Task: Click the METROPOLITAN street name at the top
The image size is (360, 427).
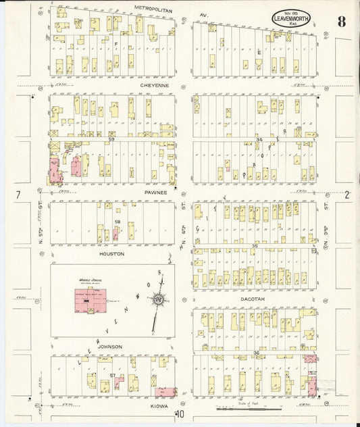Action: coord(154,8)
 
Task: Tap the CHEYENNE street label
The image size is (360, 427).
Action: coord(154,86)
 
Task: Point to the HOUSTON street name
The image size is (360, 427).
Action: coord(111,254)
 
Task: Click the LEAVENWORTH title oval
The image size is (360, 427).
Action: coord(292,19)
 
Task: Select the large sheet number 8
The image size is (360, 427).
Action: coord(342,21)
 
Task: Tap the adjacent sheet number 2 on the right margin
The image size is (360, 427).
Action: coord(347,195)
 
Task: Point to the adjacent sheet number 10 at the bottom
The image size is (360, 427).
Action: coord(180,415)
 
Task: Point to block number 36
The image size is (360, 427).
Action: coord(256,353)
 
